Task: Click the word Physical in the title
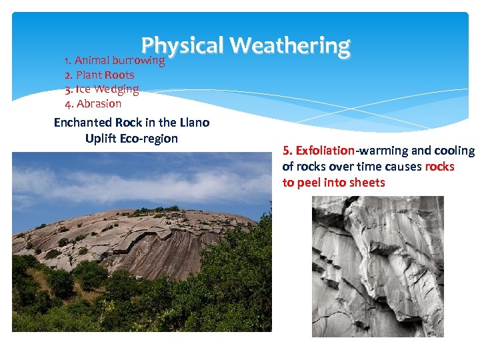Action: (182, 45)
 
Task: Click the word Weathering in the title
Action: (290, 45)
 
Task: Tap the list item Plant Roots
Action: (99, 75)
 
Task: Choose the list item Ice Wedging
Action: (101, 89)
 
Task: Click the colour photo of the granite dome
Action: (141, 241)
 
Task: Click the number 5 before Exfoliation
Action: (287, 151)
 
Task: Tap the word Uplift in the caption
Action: (102, 139)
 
